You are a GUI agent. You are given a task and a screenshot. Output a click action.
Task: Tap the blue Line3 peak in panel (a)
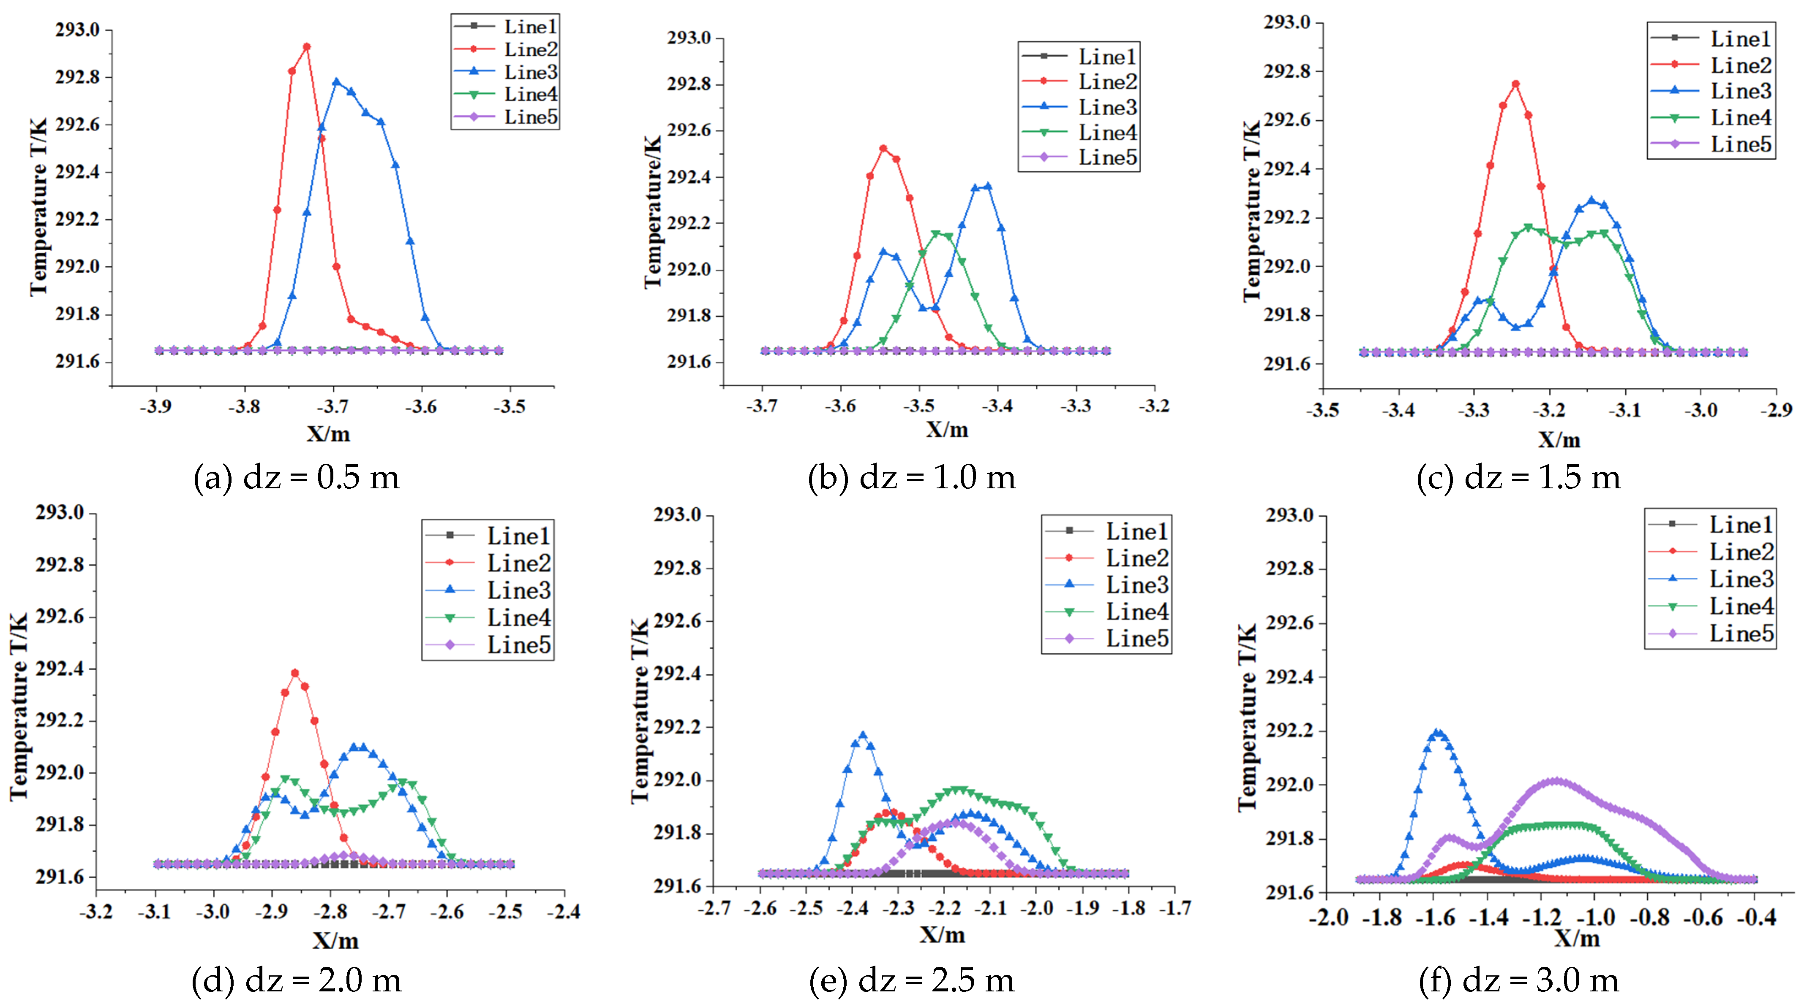point(336,82)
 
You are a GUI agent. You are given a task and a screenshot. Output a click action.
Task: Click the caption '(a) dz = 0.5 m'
point(296,477)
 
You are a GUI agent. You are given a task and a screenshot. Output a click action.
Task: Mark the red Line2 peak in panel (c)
point(1515,84)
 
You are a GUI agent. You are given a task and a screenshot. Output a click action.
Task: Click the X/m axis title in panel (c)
point(1559,439)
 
